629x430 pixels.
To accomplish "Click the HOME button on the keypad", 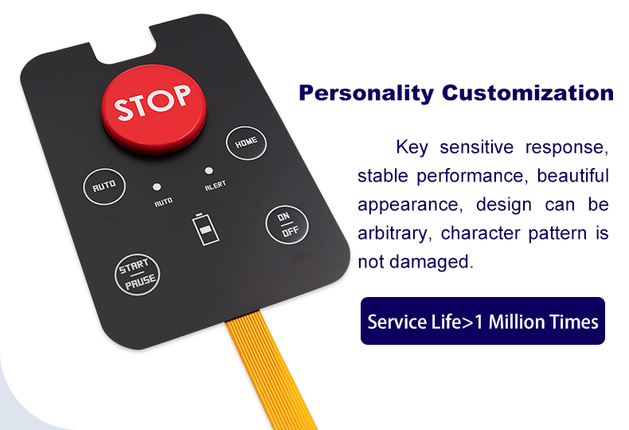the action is pyautogui.click(x=246, y=143).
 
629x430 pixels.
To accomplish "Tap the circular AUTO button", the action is pyautogui.click(x=104, y=186).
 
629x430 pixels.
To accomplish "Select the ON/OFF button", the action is pyautogui.click(x=287, y=225).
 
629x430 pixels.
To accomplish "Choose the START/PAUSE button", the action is pyautogui.click(x=137, y=275).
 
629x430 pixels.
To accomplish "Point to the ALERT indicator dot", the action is pyautogui.click(x=209, y=170).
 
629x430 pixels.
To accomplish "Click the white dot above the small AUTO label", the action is pyautogui.click(x=157, y=187).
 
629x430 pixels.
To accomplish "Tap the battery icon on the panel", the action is pyautogui.click(x=205, y=229).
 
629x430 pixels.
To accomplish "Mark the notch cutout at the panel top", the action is pyautogui.click(x=123, y=44).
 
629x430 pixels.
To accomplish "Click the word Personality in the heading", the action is pyautogui.click(x=366, y=93).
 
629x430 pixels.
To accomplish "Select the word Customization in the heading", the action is pyautogui.click(x=528, y=92).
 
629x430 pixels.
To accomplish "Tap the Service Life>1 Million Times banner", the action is pyautogui.click(x=482, y=321).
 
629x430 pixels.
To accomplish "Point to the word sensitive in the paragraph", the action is pyautogui.click(x=477, y=147).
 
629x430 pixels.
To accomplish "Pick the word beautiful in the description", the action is pyautogui.click(x=572, y=176).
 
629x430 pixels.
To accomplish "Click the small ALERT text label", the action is pyautogui.click(x=216, y=186).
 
